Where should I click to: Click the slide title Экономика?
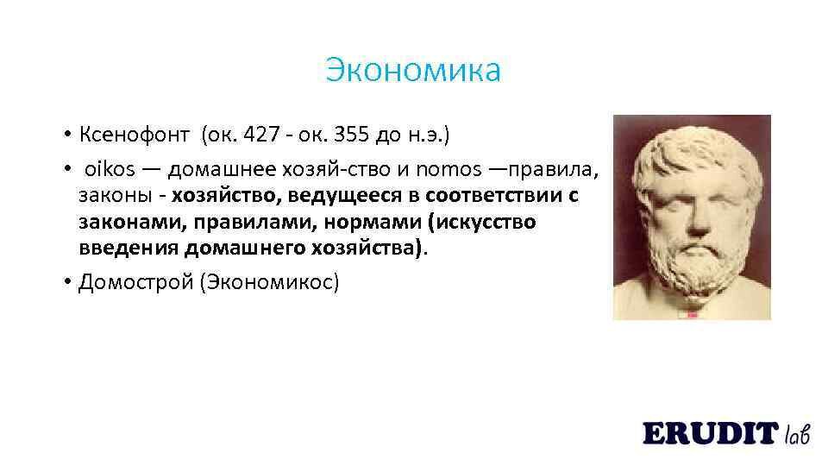click(x=413, y=70)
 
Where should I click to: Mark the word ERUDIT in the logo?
click(x=710, y=433)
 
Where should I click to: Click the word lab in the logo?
click(x=797, y=433)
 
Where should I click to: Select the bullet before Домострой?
click(x=66, y=283)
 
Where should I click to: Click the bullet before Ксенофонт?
click(x=66, y=135)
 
